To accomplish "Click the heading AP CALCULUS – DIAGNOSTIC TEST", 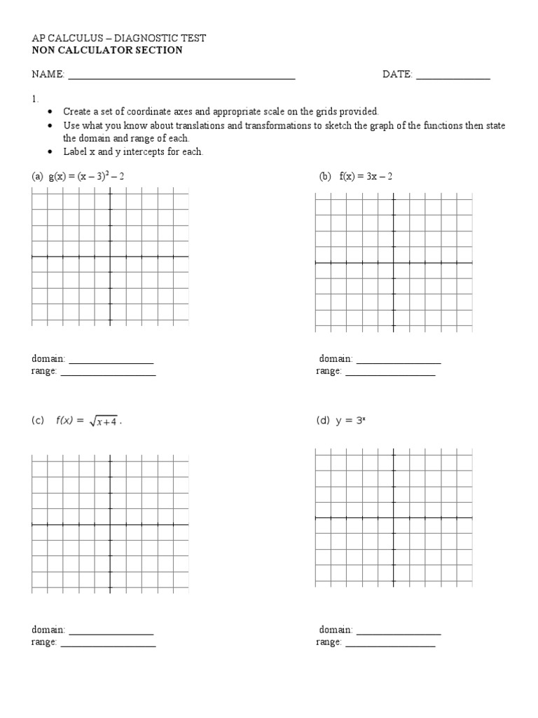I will (118, 39).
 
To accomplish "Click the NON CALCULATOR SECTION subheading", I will (107, 50).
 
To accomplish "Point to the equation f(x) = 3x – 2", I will (366, 177).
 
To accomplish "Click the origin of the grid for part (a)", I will (110, 257).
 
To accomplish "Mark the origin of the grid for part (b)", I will (393, 262).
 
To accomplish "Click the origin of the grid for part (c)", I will (110, 524).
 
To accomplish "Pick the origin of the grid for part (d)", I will (393, 517).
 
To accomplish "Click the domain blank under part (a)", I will (111, 362).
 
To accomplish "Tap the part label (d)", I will (322, 421).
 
